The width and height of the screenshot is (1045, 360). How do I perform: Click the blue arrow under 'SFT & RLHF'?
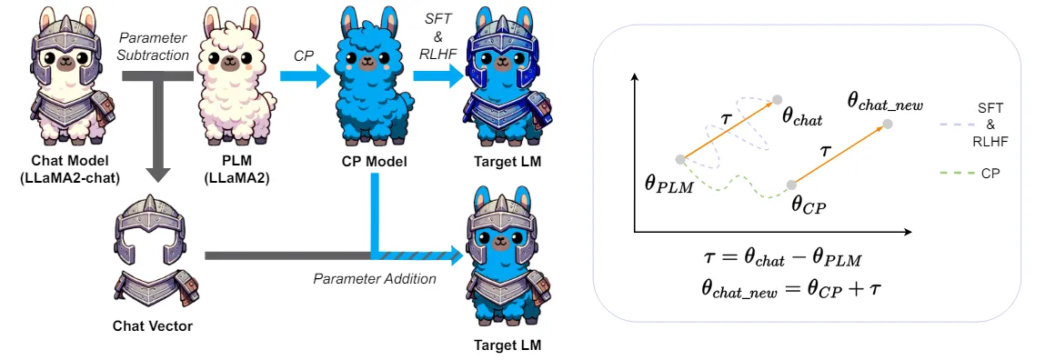pos(436,79)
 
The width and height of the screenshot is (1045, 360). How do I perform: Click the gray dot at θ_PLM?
pos(680,159)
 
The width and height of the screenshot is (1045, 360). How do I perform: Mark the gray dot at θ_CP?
pos(791,185)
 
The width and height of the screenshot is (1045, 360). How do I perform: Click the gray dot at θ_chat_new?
pos(888,124)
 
